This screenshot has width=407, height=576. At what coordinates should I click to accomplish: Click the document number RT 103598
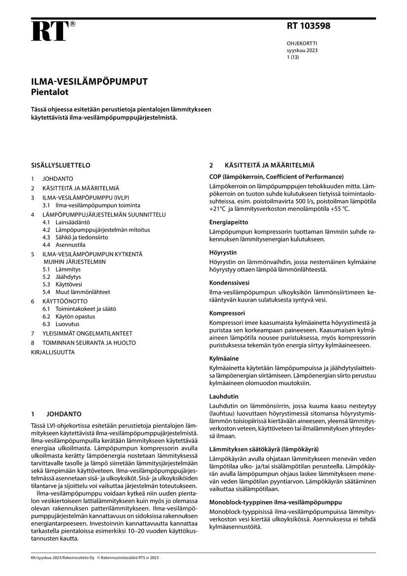click(x=308, y=26)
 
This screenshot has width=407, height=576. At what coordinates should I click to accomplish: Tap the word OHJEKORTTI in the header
click(x=302, y=43)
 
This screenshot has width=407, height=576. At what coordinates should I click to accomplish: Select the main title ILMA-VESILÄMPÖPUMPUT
click(x=89, y=82)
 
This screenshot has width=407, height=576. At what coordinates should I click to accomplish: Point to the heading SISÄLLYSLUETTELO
click(x=61, y=165)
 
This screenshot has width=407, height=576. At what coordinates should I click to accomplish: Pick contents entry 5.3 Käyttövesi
click(x=62, y=285)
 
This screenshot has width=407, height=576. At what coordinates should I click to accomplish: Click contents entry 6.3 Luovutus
click(x=61, y=324)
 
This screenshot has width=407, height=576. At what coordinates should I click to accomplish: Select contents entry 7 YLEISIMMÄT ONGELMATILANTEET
click(x=81, y=333)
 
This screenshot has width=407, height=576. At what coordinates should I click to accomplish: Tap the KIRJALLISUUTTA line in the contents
click(x=53, y=352)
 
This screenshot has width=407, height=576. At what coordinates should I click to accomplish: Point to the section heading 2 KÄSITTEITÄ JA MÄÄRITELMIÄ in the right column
click(x=262, y=165)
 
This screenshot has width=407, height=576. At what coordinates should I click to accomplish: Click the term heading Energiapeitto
click(x=229, y=222)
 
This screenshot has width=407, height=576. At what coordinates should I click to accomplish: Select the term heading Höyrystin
click(x=224, y=252)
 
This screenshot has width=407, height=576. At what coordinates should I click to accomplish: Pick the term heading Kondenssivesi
click(x=229, y=283)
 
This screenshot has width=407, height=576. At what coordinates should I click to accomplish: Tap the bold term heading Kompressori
click(x=227, y=313)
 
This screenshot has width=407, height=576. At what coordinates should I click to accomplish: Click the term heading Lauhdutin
click(x=224, y=396)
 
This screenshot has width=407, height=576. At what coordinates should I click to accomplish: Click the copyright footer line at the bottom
click(x=94, y=557)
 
